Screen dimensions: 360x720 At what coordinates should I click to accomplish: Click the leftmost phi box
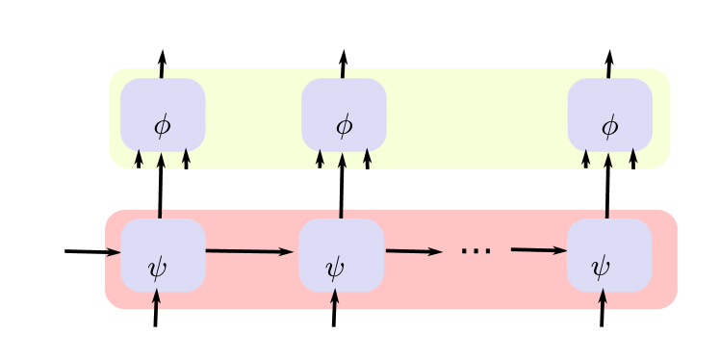[162, 115]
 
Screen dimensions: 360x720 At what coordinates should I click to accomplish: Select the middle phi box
[344, 115]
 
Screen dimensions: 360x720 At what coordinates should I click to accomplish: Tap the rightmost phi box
[609, 115]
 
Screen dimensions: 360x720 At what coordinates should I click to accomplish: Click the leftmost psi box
[162, 255]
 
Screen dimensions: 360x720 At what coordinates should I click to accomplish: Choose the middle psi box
[341, 255]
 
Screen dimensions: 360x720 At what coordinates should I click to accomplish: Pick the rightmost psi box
[608, 255]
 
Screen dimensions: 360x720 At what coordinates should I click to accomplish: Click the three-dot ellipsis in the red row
[476, 252]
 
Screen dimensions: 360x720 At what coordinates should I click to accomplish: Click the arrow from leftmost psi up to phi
[161, 186]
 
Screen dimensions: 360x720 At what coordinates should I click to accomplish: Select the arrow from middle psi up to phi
[342, 186]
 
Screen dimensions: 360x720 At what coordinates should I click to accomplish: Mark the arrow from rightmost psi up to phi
[607, 186]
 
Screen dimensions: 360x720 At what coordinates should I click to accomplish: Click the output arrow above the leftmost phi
[162, 64]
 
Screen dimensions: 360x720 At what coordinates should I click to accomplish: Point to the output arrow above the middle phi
[343, 64]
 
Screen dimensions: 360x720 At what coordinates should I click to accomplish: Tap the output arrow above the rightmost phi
[608, 64]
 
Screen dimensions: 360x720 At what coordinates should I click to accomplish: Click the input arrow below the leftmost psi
[156, 309]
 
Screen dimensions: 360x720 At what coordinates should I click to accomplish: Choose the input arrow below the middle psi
[334, 309]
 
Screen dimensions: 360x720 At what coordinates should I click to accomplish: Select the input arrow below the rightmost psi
[602, 309]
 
